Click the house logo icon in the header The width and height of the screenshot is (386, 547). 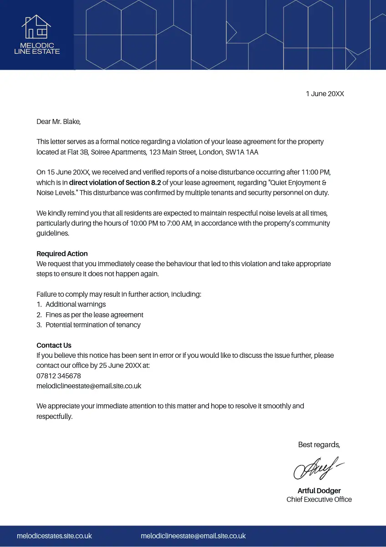(x=36, y=27)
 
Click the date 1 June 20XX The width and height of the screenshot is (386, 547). (x=325, y=94)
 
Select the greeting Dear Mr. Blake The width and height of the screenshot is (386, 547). (x=58, y=122)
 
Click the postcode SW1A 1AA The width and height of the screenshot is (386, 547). (x=242, y=152)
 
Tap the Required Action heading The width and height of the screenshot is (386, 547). (x=62, y=254)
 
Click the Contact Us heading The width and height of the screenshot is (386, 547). (x=54, y=346)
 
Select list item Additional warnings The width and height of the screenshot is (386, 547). (x=76, y=304)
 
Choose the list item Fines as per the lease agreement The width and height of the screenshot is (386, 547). (x=94, y=315)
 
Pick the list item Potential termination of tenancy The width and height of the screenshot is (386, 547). (x=93, y=325)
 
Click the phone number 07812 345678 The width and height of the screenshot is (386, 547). (x=59, y=376)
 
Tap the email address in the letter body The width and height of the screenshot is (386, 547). (x=89, y=386)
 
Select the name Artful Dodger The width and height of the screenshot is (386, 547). (x=319, y=491)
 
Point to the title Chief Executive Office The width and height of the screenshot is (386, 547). (x=319, y=500)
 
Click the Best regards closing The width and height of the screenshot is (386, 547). (x=319, y=445)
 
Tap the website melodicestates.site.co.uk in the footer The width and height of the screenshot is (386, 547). (x=54, y=536)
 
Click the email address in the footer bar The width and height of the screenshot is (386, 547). (x=193, y=536)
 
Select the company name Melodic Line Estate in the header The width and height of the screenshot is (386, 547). (x=37, y=48)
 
